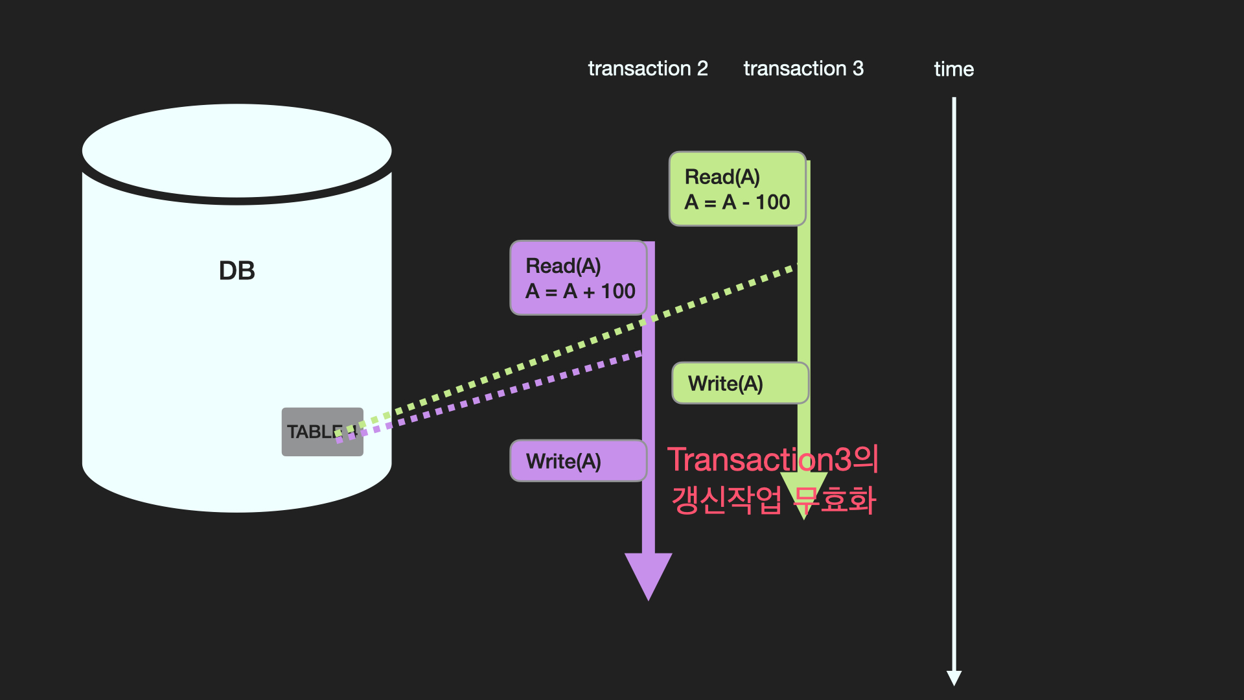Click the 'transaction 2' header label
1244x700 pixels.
(x=647, y=69)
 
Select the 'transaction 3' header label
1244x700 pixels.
(x=803, y=69)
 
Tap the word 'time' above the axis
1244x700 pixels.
(x=953, y=69)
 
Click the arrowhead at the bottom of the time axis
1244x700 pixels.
(x=954, y=677)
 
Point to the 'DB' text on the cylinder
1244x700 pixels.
(x=236, y=271)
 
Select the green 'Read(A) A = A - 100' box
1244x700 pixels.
(x=737, y=189)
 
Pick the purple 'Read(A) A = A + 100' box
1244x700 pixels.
(x=578, y=278)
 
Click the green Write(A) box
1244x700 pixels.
(x=739, y=384)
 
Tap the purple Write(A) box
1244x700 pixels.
(x=578, y=461)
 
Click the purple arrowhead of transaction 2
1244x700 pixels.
(x=648, y=574)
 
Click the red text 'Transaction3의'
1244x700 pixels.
(x=772, y=460)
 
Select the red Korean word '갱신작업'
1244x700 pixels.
(x=726, y=500)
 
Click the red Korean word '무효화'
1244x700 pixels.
(x=836, y=500)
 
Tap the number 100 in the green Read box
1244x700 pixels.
(x=772, y=202)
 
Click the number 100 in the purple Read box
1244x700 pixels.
(x=618, y=291)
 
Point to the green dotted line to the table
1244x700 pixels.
(x=570, y=347)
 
